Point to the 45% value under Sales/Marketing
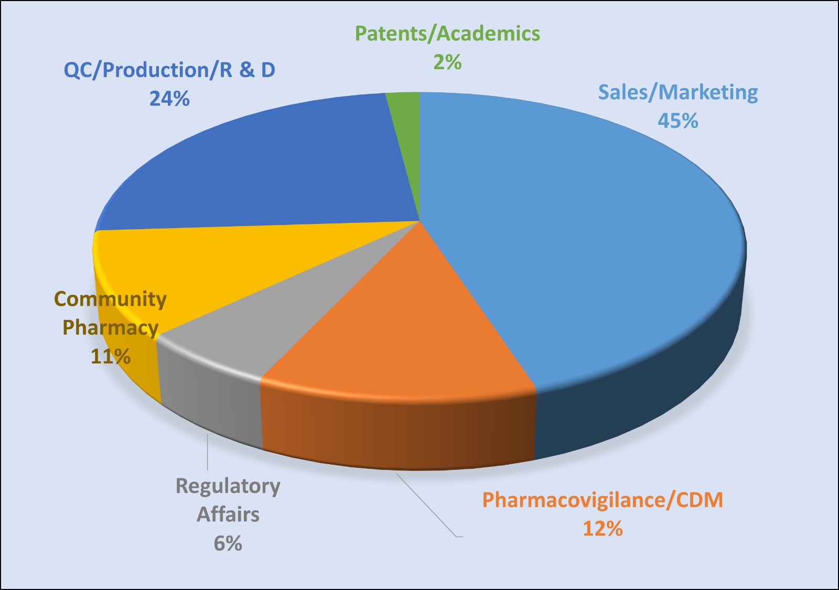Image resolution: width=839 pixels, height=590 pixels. point(678,121)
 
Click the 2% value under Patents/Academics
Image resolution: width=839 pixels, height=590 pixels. point(447,62)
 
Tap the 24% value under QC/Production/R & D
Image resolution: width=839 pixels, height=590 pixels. point(169,99)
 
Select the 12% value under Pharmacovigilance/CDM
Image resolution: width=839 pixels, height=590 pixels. point(603,529)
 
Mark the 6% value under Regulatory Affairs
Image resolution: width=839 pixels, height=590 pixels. point(228,543)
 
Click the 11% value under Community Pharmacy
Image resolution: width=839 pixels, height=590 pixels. point(111,357)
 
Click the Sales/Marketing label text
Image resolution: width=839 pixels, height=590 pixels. point(678,92)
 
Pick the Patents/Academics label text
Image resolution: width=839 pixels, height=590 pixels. point(447,34)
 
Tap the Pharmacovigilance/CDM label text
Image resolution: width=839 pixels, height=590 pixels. point(603,500)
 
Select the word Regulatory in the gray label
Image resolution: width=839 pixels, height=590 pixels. point(228,486)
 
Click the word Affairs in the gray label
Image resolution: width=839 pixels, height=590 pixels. point(228,514)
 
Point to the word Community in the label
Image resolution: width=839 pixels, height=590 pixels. point(111,299)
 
